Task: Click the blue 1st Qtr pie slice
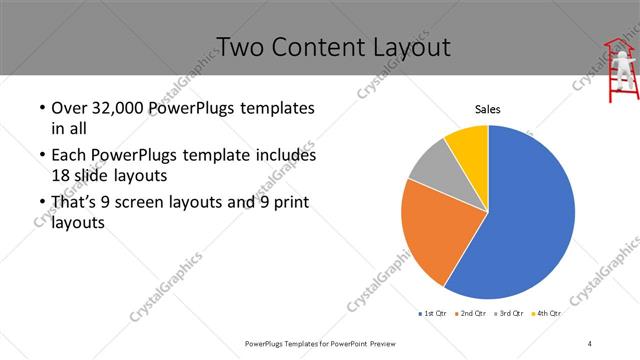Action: (530, 220)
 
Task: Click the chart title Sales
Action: (487, 109)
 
